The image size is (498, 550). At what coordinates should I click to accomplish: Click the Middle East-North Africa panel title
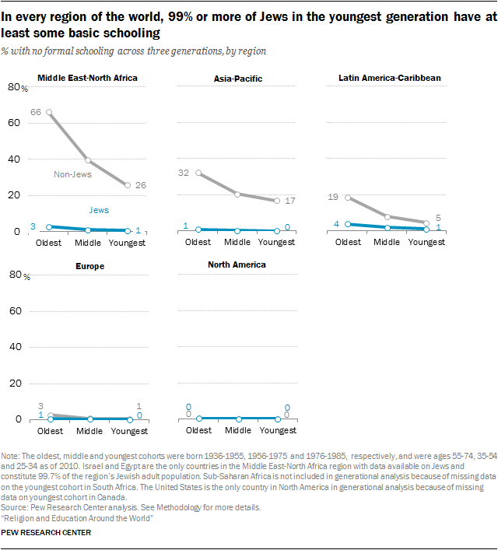point(87,78)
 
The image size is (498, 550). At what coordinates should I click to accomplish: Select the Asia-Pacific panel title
point(237,79)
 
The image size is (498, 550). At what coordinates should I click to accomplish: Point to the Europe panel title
point(90,266)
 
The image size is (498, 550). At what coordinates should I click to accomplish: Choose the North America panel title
point(237,264)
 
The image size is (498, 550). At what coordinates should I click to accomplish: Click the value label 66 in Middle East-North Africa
point(36,112)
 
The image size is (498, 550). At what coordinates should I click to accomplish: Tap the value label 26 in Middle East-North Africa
point(141,185)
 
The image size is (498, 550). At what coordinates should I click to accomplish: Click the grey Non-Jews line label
point(73,174)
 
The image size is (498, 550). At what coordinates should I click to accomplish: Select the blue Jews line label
point(99,210)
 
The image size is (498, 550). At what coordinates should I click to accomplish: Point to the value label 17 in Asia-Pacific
point(290,201)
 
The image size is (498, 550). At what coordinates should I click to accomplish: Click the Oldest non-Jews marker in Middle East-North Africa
point(50,112)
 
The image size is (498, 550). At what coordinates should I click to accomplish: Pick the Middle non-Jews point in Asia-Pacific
point(237,194)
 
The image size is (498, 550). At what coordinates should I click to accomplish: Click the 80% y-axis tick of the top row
point(15,87)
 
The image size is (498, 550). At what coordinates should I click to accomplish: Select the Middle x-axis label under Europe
point(87,430)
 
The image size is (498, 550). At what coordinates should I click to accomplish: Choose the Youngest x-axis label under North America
point(276,430)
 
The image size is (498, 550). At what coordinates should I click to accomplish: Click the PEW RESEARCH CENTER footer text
point(47,533)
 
